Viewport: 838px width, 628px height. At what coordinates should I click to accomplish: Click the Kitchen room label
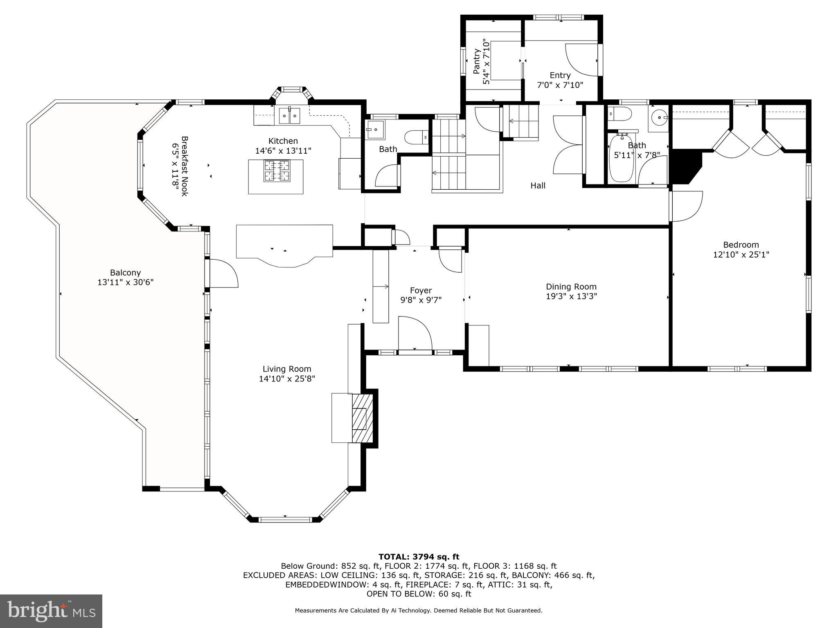(283, 141)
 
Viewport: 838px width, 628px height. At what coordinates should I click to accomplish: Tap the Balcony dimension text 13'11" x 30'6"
(125, 282)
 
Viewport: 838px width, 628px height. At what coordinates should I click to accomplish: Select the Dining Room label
(571, 287)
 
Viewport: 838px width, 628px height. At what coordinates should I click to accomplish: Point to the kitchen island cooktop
(277, 171)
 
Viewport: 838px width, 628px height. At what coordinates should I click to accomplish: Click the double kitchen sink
(290, 116)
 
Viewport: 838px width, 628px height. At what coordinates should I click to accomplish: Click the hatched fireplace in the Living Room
(362, 418)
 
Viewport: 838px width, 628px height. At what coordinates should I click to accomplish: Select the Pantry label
(476, 62)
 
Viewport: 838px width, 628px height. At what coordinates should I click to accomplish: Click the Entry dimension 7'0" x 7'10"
(560, 85)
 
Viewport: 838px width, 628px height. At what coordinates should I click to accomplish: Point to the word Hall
(538, 186)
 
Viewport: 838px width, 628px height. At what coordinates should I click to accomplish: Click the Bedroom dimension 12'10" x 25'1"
(741, 254)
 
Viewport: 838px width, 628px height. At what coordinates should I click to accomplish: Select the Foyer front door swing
(415, 333)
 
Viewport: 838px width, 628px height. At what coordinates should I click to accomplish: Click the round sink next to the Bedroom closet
(658, 117)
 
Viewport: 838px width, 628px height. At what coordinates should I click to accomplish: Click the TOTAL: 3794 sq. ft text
(419, 556)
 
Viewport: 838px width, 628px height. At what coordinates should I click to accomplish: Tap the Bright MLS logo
(51, 611)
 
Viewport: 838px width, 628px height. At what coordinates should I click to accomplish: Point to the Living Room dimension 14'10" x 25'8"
(287, 379)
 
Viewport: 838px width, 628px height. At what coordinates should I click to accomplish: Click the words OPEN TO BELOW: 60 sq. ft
(419, 594)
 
